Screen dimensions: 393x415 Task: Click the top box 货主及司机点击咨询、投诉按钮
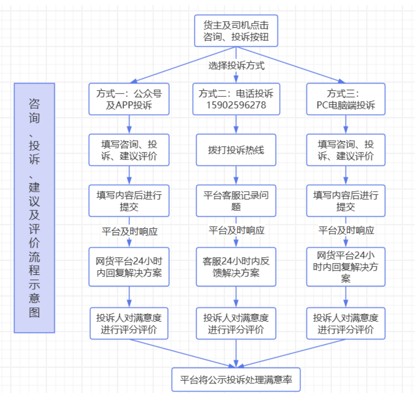pyautogui.click(x=236, y=31)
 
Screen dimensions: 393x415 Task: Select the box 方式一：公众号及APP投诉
pyautogui.click(x=129, y=99)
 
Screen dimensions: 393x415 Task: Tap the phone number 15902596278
pyautogui.click(x=236, y=105)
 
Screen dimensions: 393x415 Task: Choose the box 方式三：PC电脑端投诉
pyautogui.click(x=346, y=99)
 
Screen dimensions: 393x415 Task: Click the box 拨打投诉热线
pyautogui.click(x=236, y=150)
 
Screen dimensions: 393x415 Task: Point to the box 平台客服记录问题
pyautogui.click(x=236, y=201)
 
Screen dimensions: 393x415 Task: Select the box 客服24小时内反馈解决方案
pyautogui.click(x=236, y=267)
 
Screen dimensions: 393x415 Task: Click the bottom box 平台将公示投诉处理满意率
pyautogui.click(x=236, y=380)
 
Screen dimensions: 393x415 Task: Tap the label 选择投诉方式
pyautogui.click(x=236, y=65)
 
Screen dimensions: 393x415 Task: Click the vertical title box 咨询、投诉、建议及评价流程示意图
pyautogui.click(x=34, y=208)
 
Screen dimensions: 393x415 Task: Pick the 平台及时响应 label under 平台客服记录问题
pyautogui.click(x=236, y=230)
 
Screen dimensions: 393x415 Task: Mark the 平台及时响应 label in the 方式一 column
pyautogui.click(x=129, y=231)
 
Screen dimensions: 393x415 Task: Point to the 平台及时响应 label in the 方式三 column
pyautogui.click(x=346, y=230)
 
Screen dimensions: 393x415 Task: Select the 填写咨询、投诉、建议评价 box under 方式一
pyautogui.click(x=129, y=150)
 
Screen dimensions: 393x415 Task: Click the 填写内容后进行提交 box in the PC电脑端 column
pyautogui.click(x=346, y=201)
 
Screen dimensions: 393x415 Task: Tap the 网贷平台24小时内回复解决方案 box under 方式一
pyautogui.click(x=129, y=267)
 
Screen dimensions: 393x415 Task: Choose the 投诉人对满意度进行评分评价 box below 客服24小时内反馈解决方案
pyautogui.click(x=236, y=324)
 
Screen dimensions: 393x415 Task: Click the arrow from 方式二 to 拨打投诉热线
pyautogui.click(x=236, y=125)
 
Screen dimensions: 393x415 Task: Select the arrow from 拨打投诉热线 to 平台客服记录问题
pyautogui.click(x=236, y=175)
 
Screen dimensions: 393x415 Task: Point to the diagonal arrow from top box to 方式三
pyautogui.click(x=290, y=65)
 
